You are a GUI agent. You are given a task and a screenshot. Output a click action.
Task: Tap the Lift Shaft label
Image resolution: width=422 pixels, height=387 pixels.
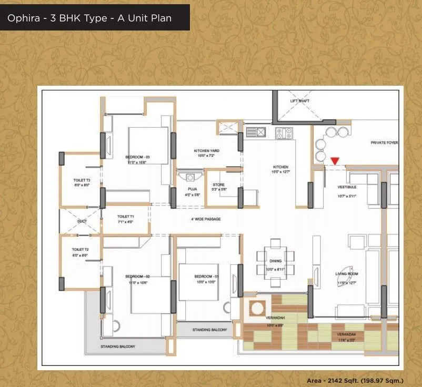click(299, 101)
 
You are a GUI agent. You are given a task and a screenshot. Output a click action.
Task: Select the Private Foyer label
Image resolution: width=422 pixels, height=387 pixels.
click(384, 142)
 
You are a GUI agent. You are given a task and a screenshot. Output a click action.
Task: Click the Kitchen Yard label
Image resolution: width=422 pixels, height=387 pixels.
click(203, 150)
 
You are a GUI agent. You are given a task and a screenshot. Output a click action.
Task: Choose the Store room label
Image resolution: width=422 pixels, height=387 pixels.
click(218, 185)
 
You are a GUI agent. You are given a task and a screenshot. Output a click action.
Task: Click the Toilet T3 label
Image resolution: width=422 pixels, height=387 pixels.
click(82, 180)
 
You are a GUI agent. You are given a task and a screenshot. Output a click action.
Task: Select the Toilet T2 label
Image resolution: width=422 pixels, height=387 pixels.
click(79, 249)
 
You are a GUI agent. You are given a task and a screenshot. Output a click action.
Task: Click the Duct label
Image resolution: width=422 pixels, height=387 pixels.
click(82, 221)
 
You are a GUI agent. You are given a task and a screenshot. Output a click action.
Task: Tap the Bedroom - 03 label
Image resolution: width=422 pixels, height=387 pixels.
click(138, 157)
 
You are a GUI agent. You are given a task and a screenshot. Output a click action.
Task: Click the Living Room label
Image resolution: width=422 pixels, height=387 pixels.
click(347, 274)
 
